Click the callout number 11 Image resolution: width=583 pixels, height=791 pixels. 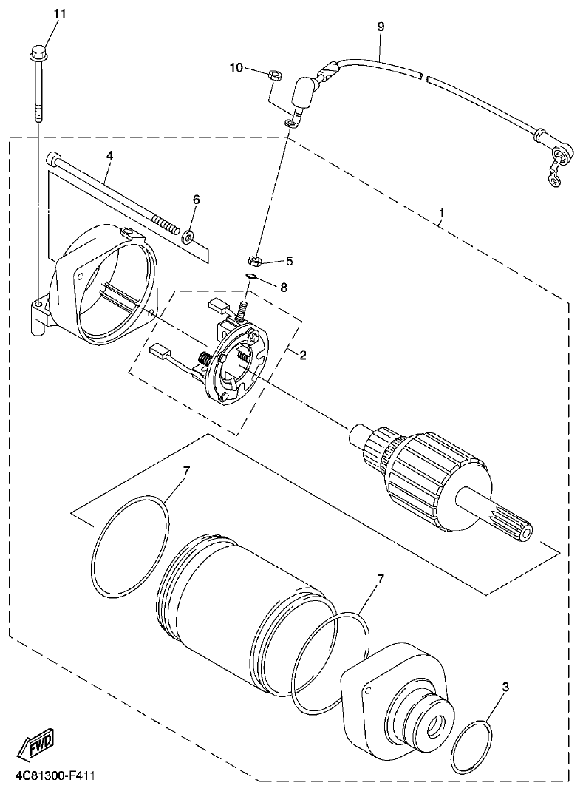tap(60, 14)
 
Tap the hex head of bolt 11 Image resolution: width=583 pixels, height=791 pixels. tap(38, 53)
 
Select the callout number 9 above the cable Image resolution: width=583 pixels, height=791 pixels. tap(381, 27)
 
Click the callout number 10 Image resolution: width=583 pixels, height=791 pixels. tap(236, 68)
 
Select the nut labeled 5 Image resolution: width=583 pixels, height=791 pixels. tap(253, 260)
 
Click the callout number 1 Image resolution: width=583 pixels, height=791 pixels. tap(441, 215)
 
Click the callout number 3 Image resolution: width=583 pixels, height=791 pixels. tap(505, 687)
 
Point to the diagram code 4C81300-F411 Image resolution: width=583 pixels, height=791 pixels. tap(55, 777)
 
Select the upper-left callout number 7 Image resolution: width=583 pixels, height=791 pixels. tap(186, 471)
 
